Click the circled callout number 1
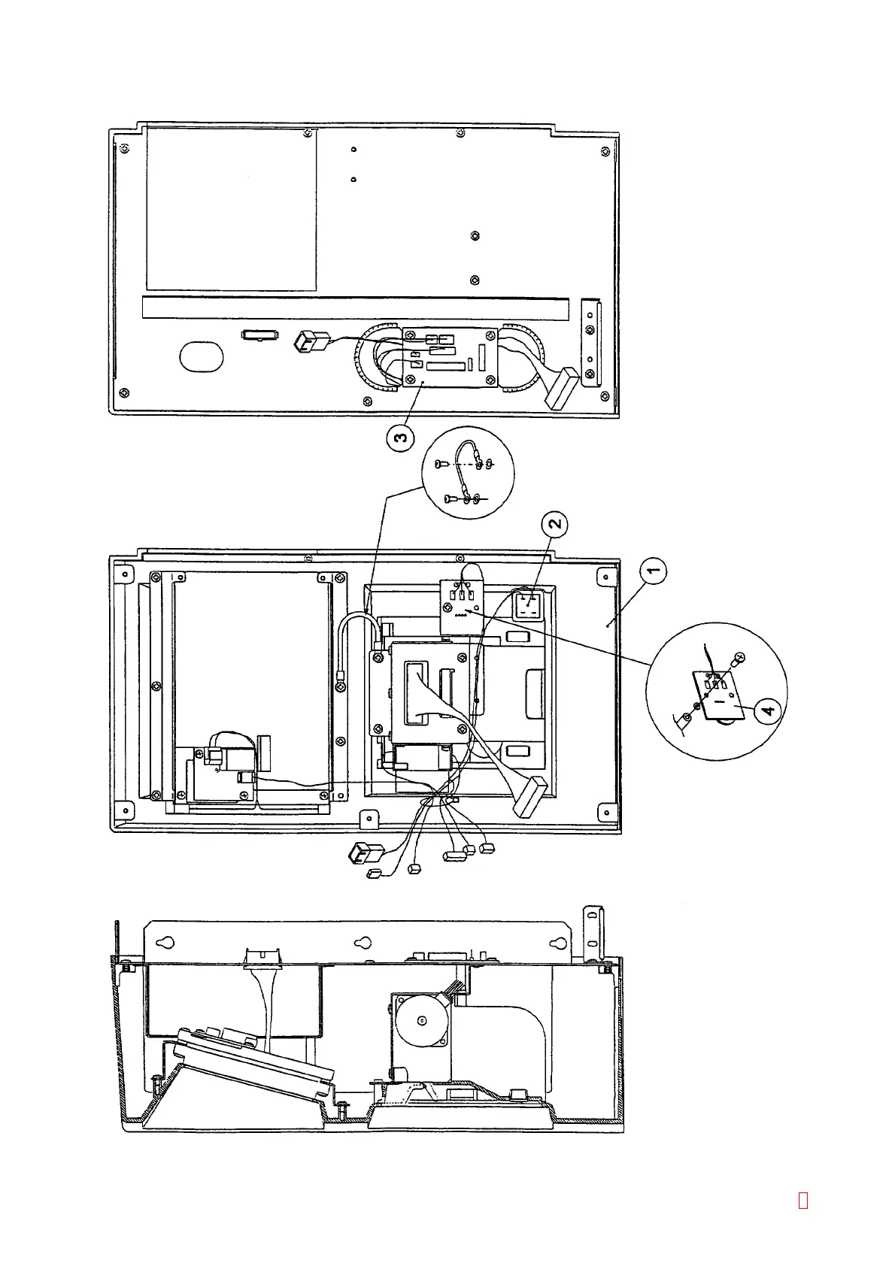pos(654,571)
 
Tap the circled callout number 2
pos(555,524)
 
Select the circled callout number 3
pos(401,437)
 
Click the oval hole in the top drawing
pos(202,356)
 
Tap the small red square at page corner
pos(802,1201)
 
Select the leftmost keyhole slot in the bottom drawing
pos(168,943)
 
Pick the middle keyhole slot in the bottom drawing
pos(363,943)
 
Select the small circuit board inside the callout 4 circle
pos(718,695)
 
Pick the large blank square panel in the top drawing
pos(232,209)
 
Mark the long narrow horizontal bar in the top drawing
pos(355,308)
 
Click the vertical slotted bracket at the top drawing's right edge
pos(592,342)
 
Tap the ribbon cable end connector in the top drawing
pos(561,387)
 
